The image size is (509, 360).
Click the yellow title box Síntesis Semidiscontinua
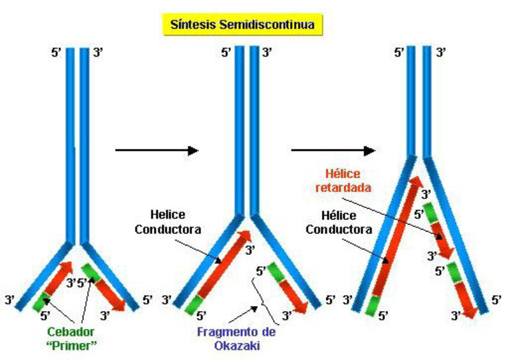click(244, 25)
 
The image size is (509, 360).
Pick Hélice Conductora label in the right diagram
click(337, 223)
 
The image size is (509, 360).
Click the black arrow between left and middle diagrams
click(157, 150)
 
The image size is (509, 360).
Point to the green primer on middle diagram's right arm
click(275, 273)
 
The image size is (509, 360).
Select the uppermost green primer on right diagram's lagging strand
click(429, 212)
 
